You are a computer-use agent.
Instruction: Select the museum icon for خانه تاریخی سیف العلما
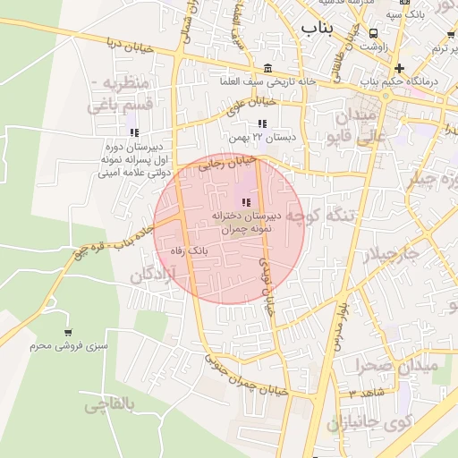click(269, 68)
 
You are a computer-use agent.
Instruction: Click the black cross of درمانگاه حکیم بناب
click(399, 68)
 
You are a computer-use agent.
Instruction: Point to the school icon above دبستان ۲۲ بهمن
click(262, 124)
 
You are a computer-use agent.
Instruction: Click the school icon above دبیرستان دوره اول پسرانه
click(135, 132)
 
